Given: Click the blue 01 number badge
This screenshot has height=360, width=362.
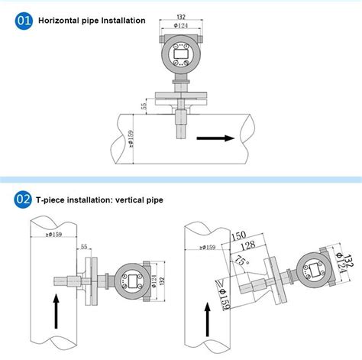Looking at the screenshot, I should (x=23, y=21).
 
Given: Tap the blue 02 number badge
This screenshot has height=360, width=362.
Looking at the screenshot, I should (x=23, y=200).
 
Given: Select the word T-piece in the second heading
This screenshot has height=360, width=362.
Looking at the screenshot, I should (x=50, y=201).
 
